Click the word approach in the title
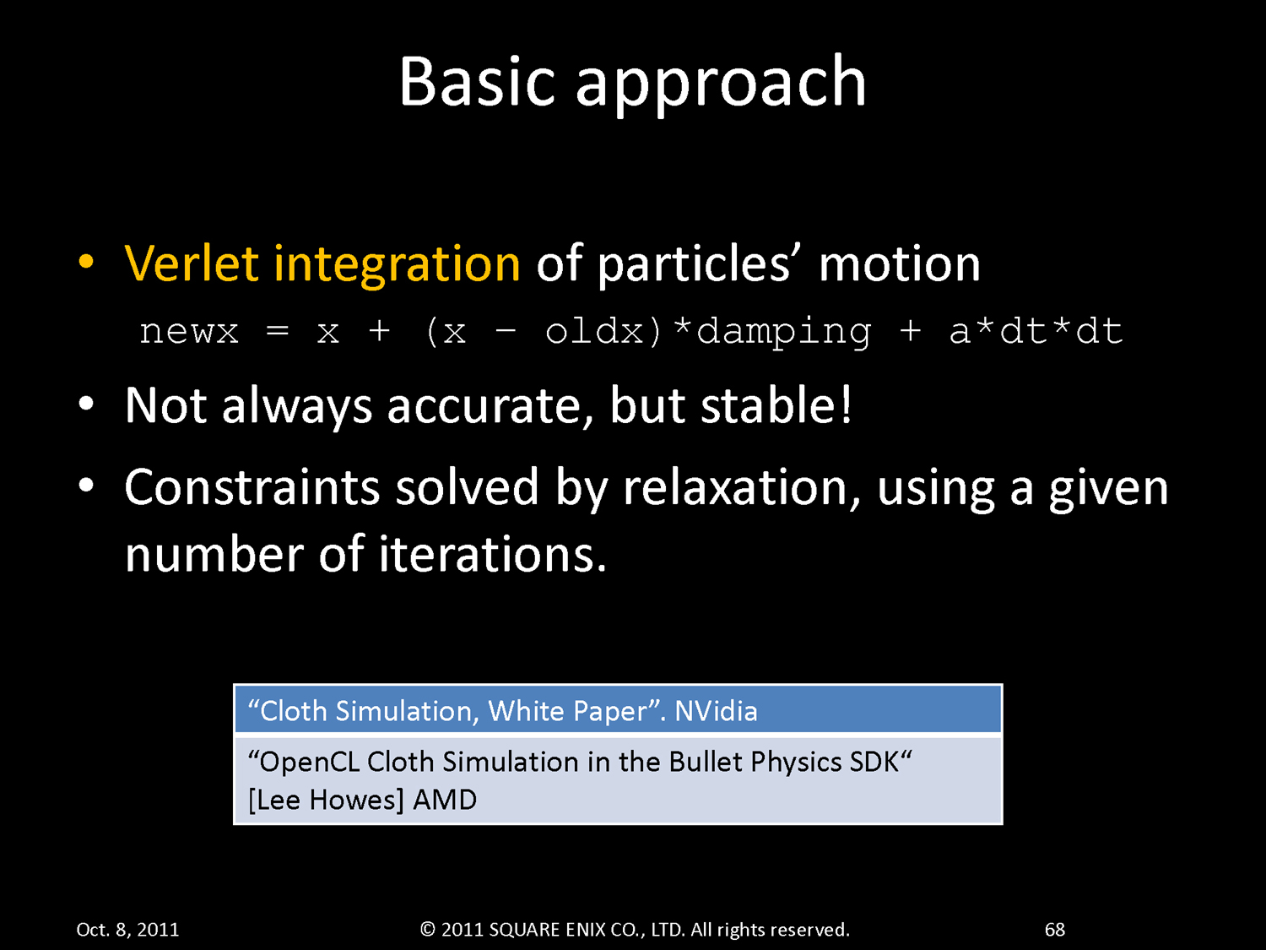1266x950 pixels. pos(721,86)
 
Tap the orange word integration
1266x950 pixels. pos(397,265)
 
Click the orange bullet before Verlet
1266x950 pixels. pos(86,263)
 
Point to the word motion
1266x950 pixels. pos(899,264)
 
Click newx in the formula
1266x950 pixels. pos(188,332)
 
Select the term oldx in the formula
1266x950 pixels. pos(594,331)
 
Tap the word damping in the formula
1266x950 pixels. pos(784,332)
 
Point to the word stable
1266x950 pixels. pos(769,404)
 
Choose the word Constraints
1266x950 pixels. pos(252,487)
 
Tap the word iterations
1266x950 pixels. pos(493,553)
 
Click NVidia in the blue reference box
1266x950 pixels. pos(716,711)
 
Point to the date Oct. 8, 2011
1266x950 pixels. pos(127,929)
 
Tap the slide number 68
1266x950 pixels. pos(1054,929)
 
